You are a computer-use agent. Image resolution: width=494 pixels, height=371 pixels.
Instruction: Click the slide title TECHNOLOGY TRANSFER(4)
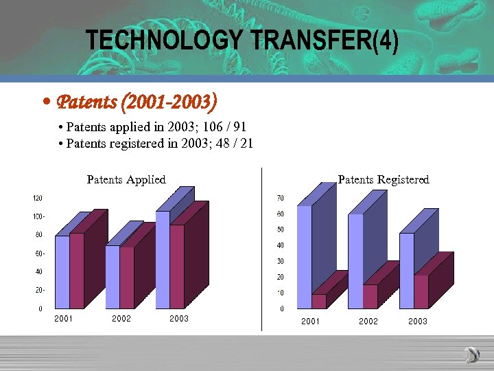tap(242, 41)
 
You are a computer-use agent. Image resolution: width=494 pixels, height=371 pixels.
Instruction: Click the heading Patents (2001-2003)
tap(137, 103)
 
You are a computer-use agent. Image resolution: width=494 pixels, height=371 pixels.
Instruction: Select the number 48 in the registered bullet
tap(224, 144)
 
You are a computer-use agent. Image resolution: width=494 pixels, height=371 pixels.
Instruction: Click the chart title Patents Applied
tap(126, 180)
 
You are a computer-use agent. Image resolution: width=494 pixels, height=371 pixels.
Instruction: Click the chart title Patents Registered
tap(384, 180)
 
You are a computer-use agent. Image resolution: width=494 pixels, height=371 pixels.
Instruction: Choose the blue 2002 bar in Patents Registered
tap(355, 261)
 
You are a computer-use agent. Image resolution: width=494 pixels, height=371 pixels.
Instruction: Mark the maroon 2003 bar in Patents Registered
tap(421, 291)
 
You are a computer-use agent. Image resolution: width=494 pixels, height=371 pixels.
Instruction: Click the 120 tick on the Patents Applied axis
tap(38, 198)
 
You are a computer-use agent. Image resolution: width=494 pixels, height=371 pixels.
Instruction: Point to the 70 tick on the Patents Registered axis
tap(281, 198)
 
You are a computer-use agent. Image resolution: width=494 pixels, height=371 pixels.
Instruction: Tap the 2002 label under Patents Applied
tap(121, 319)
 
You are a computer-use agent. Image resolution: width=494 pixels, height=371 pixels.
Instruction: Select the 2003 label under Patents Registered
tap(418, 322)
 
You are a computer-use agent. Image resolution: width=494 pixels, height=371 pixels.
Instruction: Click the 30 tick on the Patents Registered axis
tap(281, 261)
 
